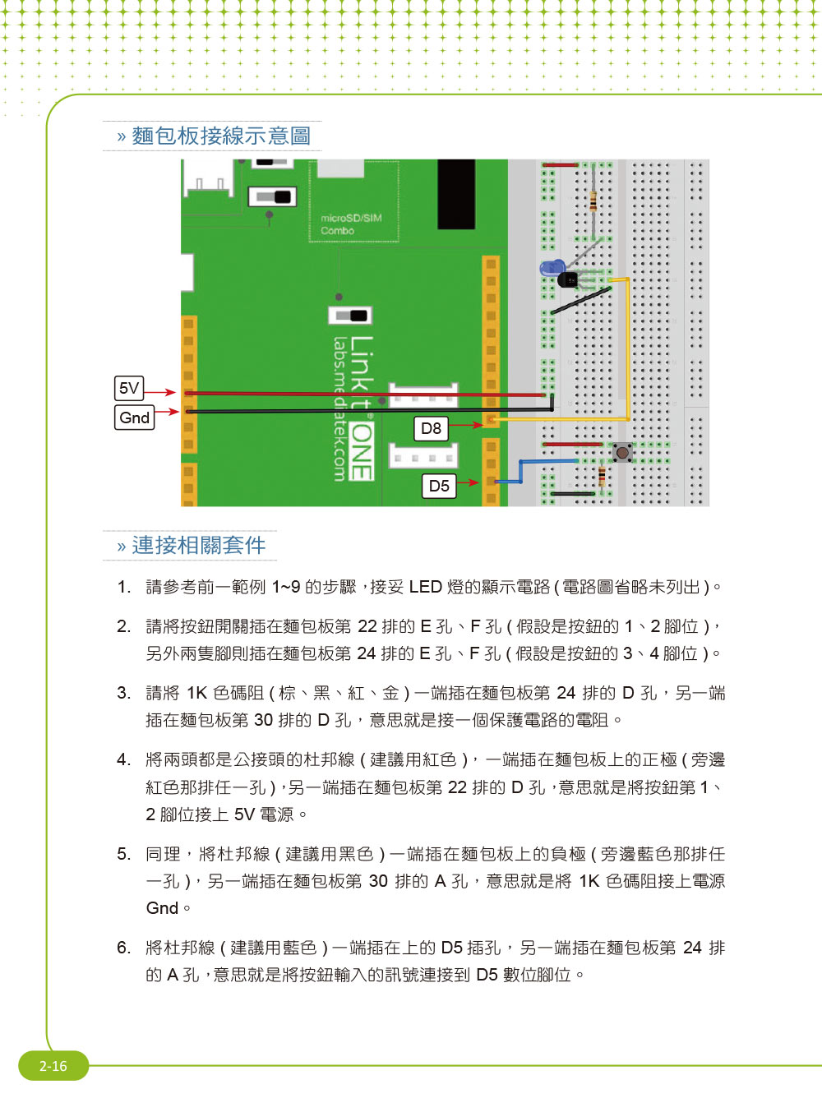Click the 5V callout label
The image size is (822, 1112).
tap(129, 388)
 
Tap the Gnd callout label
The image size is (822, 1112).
tap(135, 418)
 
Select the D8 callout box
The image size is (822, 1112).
tap(431, 428)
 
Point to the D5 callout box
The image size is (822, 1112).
tap(439, 485)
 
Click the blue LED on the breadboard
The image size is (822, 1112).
tap(552, 268)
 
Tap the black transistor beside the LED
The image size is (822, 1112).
tap(568, 279)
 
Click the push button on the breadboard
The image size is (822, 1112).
tap(622, 452)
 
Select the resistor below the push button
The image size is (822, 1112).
tap(602, 476)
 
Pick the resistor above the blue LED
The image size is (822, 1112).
tap(593, 201)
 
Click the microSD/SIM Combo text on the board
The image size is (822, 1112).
tap(351, 224)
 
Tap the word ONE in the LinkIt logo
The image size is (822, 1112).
tap(361, 451)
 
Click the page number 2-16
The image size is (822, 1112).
tap(53, 1065)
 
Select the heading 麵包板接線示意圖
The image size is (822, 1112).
tap(221, 136)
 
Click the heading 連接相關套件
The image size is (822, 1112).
tap(199, 546)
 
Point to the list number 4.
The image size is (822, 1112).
tap(123, 759)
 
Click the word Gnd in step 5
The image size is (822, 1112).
tap(162, 908)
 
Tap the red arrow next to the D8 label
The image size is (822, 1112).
tap(466, 425)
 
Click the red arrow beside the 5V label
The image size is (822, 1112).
tap(160, 392)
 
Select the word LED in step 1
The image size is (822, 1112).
tap(425, 587)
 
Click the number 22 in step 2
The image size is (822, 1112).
tap(367, 626)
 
